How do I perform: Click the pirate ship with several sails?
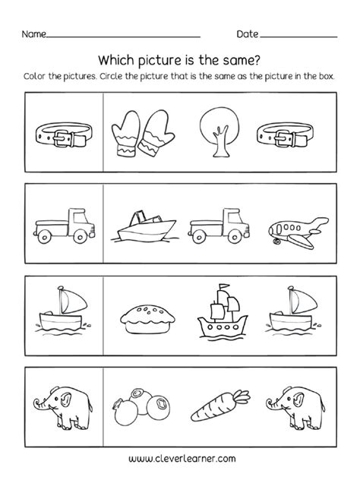220,308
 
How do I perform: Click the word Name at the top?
34,35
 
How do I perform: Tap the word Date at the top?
248,35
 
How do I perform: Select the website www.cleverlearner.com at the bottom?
180,457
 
